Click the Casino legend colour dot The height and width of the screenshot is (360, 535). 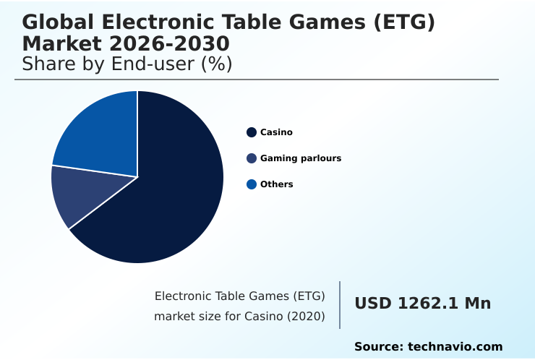pyautogui.click(x=252, y=132)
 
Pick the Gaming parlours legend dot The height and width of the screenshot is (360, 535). pyautogui.click(x=252, y=158)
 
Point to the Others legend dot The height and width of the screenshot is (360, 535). pyautogui.click(x=252, y=184)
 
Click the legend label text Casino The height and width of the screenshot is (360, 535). pyautogui.click(x=276, y=132)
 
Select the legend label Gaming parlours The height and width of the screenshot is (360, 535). pyautogui.click(x=301, y=158)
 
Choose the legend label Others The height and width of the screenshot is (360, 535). pyautogui.click(x=277, y=184)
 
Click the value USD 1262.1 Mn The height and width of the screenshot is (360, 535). pyautogui.click(x=422, y=304)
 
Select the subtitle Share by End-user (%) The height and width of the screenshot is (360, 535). pyautogui.click(x=127, y=64)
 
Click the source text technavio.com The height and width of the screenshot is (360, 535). pyautogui.click(x=455, y=347)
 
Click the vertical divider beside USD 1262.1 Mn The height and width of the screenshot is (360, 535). pyautogui.click(x=340, y=305)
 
